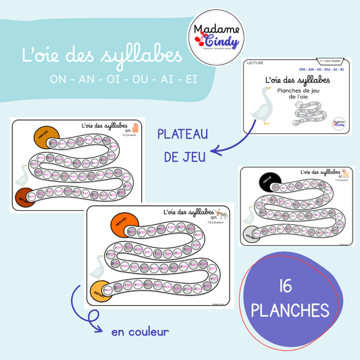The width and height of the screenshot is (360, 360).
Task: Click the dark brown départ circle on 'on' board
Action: click(x=25, y=198)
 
